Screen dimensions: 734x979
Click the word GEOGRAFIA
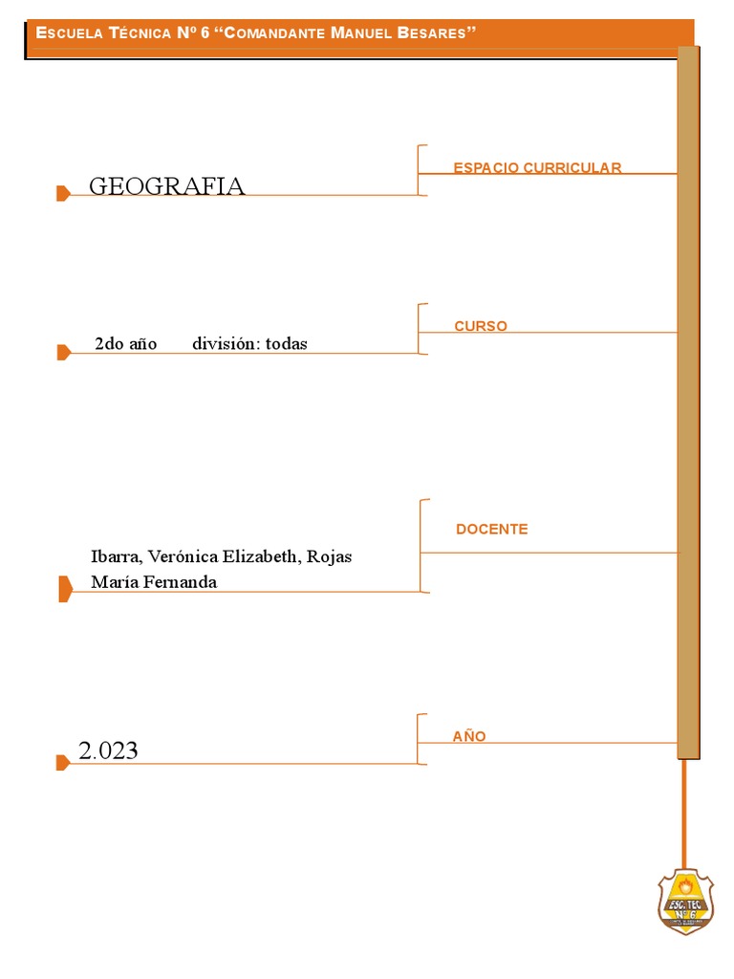(x=166, y=185)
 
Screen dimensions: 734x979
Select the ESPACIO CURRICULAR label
(x=537, y=168)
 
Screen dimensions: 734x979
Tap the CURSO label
(x=481, y=326)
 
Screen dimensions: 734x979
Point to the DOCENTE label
(x=491, y=529)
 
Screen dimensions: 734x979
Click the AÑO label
(x=469, y=736)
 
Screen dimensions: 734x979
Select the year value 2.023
(x=108, y=751)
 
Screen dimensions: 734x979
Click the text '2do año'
(x=126, y=344)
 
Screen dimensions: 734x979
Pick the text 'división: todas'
(x=249, y=344)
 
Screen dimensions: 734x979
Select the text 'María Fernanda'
(x=153, y=581)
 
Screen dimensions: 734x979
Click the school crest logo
(x=685, y=901)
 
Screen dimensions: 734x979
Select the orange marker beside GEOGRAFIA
(x=63, y=194)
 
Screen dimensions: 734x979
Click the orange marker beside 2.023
(x=63, y=762)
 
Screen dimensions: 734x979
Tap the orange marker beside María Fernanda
(x=65, y=589)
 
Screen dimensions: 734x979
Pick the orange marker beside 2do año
(x=63, y=352)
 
